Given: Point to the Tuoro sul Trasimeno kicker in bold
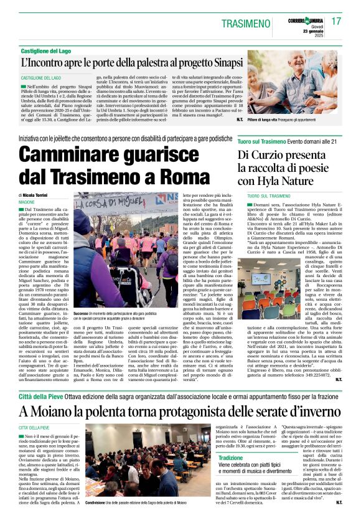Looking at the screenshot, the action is coord(263,141).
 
